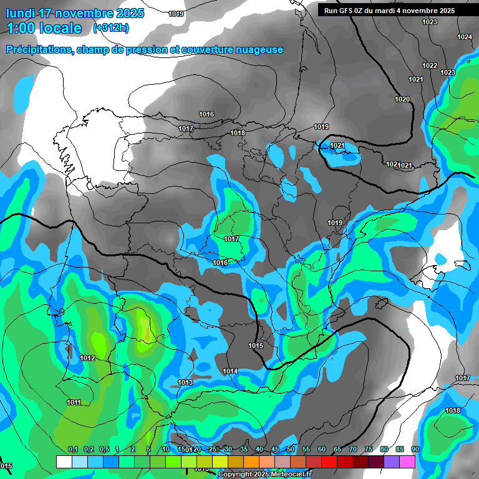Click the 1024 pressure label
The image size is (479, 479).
tap(464, 37)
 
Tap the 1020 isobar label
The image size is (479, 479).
tap(402, 100)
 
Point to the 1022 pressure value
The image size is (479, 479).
tap(430, 66)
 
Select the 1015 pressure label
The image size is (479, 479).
tap(256, 346)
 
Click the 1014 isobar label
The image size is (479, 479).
tap(230, 372)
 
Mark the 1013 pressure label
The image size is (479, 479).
tap(185, 383)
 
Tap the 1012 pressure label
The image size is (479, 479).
tap(87, 359)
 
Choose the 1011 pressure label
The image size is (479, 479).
tap(74, 403)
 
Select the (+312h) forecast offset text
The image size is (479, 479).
tap(111, 28)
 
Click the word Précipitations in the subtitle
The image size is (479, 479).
tap(39, 50)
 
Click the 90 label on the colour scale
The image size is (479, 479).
tap(415, 450)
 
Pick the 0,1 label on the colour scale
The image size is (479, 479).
tap(73, 450)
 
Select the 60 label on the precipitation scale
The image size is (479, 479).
tap(321, 450)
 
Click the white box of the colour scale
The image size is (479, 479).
tap(64, 462)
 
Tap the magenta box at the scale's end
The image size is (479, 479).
tap(407, 462)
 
